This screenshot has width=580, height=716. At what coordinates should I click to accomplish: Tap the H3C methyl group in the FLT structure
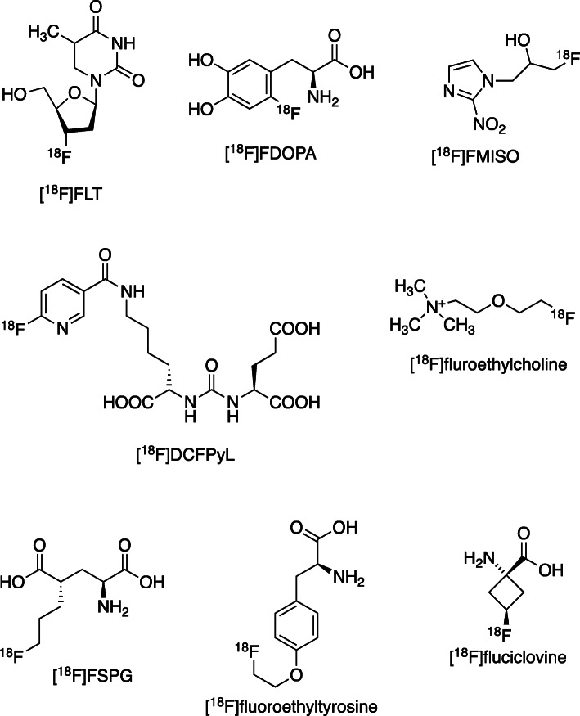tap(35, 32)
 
